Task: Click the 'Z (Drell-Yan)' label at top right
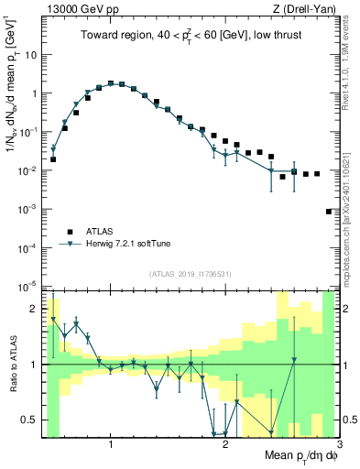click(304, 9)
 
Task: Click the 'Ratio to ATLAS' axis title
click(14, 365)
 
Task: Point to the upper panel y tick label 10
click(30, 54)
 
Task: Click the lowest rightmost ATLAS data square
click(329, 212)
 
